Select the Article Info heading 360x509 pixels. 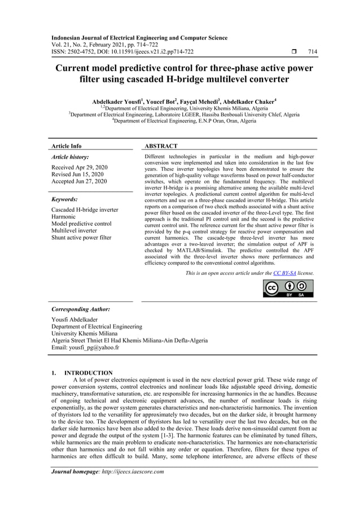coord(67,146)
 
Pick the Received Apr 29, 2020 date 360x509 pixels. coord(79,168)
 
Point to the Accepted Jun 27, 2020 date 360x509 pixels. coord(79,182)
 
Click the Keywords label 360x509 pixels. coord(64,199)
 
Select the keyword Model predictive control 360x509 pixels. coord(81,224)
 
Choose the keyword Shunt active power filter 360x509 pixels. coord(81,238)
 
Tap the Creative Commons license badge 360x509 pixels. coord(288,288)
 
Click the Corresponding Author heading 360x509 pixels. coord(81,310)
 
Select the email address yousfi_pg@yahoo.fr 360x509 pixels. coord(85,348)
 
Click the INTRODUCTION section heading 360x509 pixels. coord(88,373)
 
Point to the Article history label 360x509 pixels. coord(70,157)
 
